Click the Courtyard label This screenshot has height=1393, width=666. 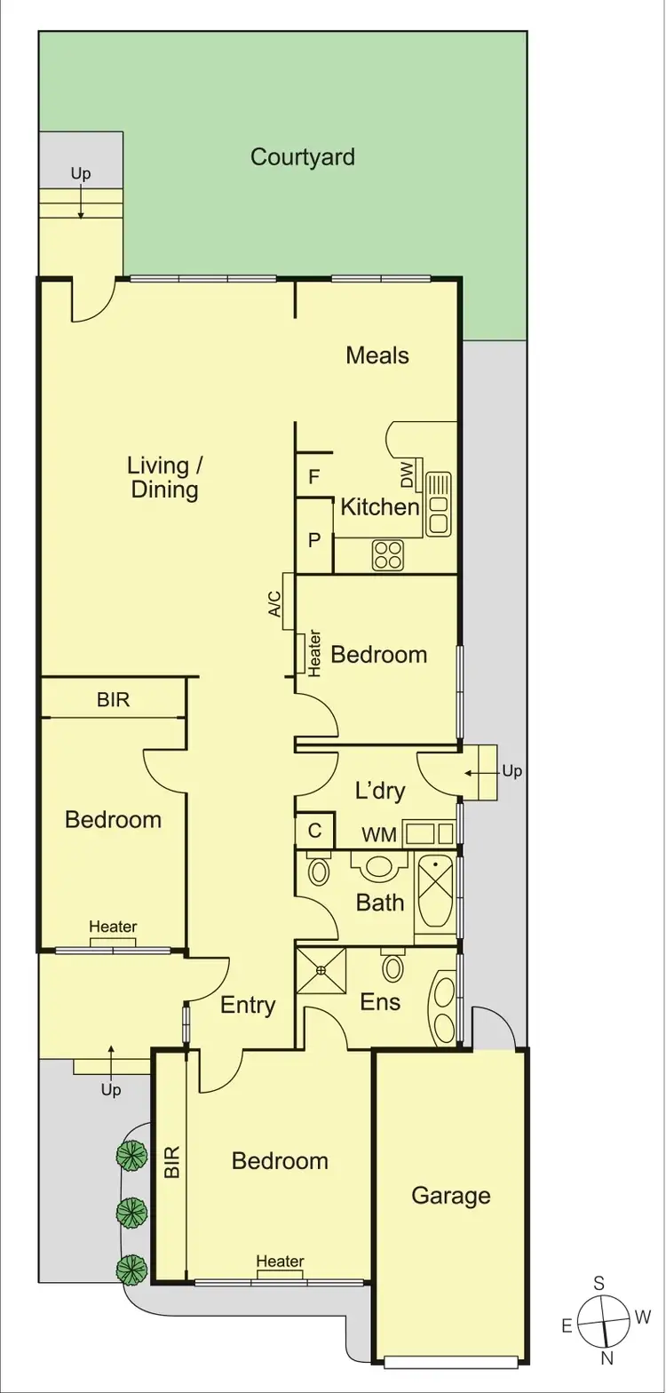303,158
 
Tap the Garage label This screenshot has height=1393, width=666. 450,1196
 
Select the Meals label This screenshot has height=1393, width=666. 377,356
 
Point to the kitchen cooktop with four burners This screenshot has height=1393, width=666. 388,555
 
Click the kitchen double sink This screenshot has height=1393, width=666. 439,504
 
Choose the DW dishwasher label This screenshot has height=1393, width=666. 408,476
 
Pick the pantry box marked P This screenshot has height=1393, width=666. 313,538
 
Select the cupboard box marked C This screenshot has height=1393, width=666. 314,832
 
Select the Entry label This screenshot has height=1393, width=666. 248,1005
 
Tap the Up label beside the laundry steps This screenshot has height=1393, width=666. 512,771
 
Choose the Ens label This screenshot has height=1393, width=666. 380,1002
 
